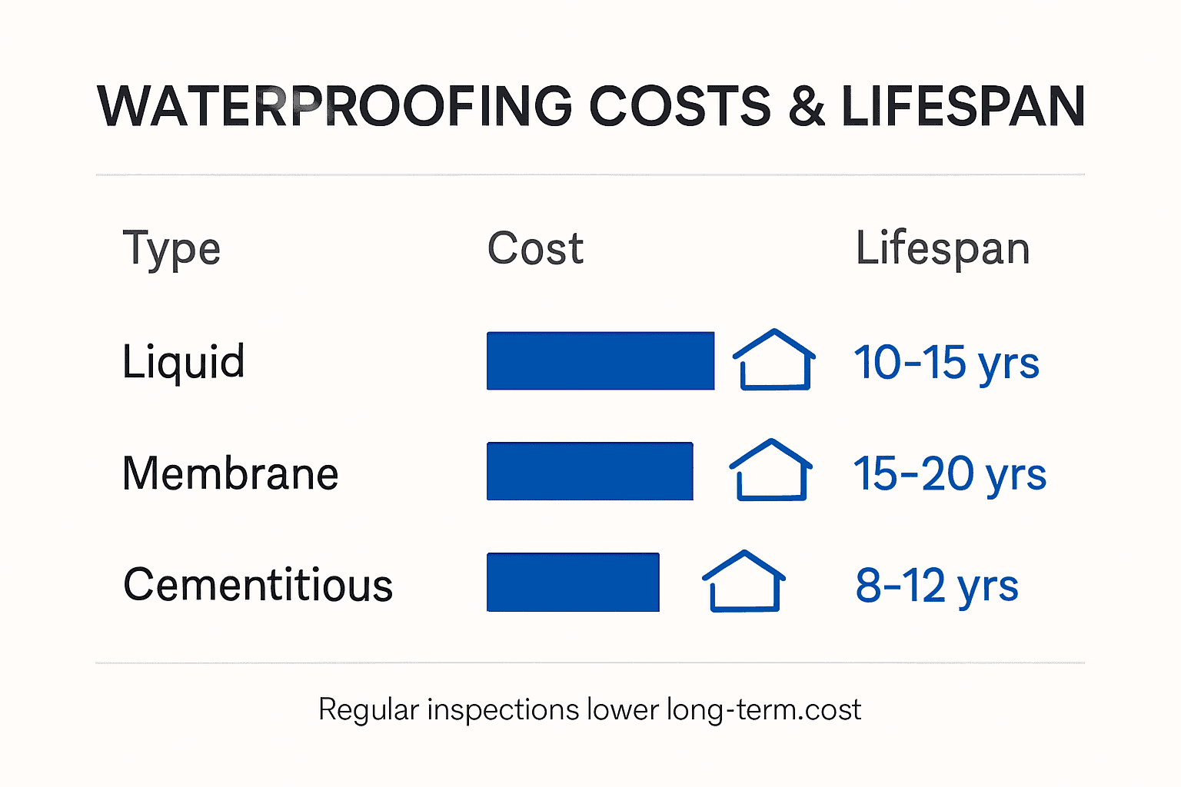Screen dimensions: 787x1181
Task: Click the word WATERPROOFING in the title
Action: coord(334,106)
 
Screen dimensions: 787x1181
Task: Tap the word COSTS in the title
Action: coord(680,106)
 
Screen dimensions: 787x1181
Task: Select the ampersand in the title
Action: coord(807,106)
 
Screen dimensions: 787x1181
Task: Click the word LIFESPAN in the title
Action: coord(963,106)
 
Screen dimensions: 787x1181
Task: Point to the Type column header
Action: coord(171,249)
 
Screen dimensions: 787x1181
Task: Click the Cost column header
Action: coord(535,249)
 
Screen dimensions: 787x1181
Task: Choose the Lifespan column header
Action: coord(943,249)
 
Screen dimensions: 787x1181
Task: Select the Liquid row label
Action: coord(184,361)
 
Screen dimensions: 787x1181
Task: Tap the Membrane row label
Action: coord(230,473)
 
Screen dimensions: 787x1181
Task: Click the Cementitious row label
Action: coord(258,585)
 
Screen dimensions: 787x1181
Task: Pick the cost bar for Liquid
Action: coord(600,361)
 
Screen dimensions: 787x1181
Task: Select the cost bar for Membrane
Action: coord(590,471)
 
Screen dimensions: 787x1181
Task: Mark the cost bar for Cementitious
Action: coord(573,582)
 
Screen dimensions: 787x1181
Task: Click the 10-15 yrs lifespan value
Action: coord(946,362)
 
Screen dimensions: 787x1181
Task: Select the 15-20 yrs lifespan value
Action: coord(950,473)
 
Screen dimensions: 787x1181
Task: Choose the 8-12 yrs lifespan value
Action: coord(936,586)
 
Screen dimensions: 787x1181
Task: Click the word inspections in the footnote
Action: coord(503,709)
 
